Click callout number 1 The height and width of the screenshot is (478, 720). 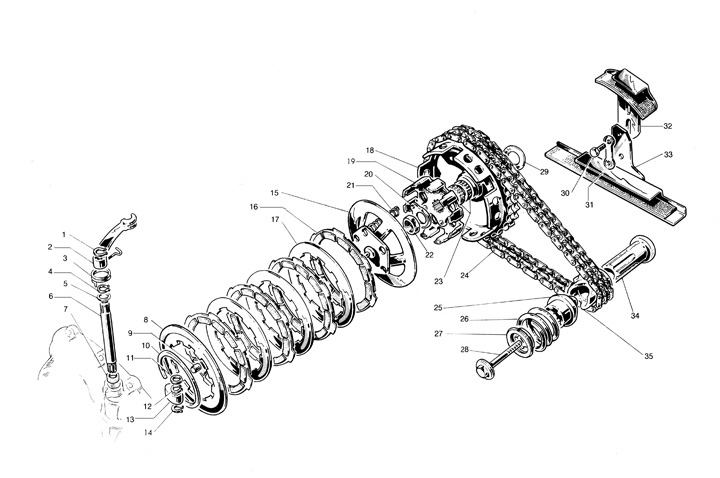tap(64, 236)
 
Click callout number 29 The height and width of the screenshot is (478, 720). tap(544, 173)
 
